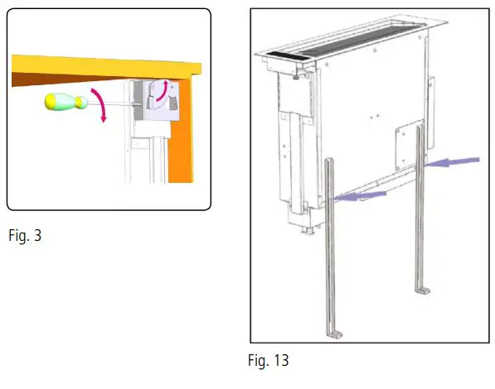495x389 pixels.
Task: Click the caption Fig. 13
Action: tap(268, 362)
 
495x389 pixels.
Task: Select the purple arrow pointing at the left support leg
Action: tap(364, 195)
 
